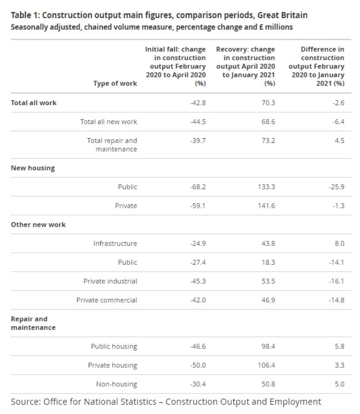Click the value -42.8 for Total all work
coord(198,103)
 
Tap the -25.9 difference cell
coord(336,187)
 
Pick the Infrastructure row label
coord(115,243)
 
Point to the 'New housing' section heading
coord(33,168)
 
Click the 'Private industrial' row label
coord(110,281)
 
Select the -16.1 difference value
coord(336,281)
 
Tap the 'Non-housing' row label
coord(116,384)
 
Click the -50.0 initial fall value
coord(198,365)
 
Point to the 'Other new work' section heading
coord(38,225)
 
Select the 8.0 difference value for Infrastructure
coord(339,243)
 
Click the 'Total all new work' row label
coord(109,121)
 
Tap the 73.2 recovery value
coord(269,141)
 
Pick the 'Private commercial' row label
coord(106,300)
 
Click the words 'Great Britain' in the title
coord(282,15)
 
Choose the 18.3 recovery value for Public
coord(269,263)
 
